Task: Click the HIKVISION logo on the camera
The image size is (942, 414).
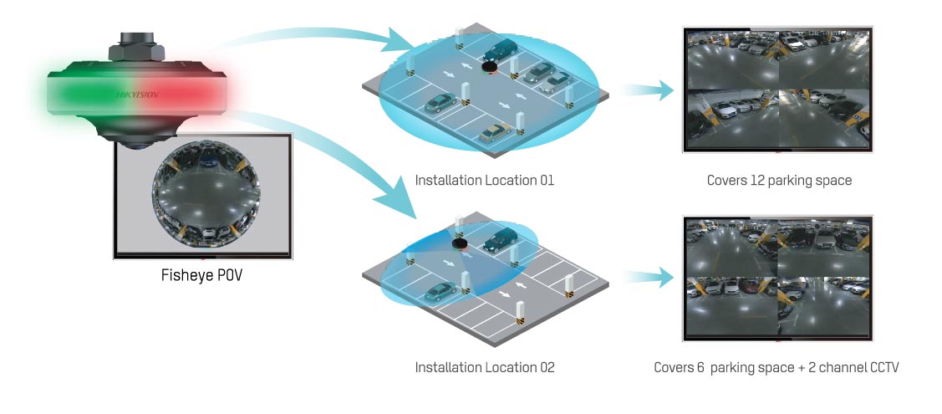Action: tap(137, 95)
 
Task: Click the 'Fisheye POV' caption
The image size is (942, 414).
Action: tap(201, 274)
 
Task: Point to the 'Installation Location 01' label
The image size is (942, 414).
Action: tap(485, 180)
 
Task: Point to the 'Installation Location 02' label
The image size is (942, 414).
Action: tap(485, 367)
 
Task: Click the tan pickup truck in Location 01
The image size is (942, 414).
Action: tap(496, 131)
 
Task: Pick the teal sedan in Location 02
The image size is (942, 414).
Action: tap(440, 292)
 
